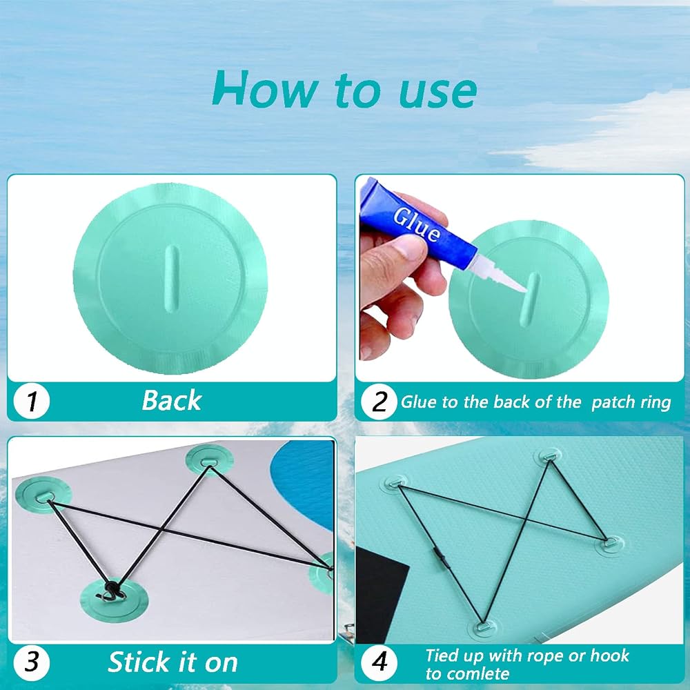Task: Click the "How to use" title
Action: pyautogui.click(x=344, y=89)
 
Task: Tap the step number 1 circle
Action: pyautogui.click(x=31, y=402)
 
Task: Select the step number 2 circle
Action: pyautogui.click(x=379, y=402)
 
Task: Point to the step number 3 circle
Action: pyautogui.click(x=31, y=662)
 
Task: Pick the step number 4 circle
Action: pyautogui.click(x=379, y=662)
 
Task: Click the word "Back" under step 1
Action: pyautogui.click(x=172, y=400)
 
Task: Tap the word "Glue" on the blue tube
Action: pyautogui.click(x=416, y=224)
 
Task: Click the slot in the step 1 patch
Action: pyautogui.click(x=170, y=279)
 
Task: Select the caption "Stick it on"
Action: pyautogui.click(x=172, y=662)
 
